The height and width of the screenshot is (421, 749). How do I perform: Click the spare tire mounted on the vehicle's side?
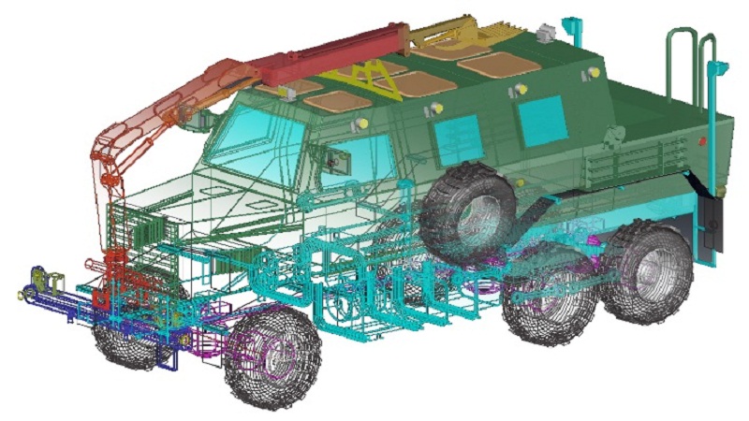[x=468, y=213]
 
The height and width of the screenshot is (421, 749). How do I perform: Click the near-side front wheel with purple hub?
[x=272, y=353]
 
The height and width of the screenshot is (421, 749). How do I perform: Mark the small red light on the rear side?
[x=701, y=141]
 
